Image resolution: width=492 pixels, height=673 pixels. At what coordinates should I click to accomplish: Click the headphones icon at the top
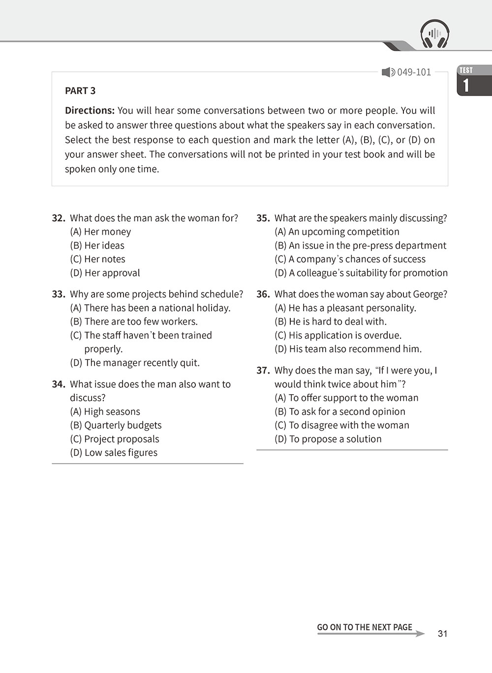pos(435,34)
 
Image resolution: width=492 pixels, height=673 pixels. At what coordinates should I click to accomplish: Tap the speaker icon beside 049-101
pos(388,72)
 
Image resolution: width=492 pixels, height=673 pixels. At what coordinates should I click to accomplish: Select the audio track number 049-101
pos(414,72)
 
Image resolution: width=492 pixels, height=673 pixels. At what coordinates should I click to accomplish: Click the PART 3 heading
pos(80,91)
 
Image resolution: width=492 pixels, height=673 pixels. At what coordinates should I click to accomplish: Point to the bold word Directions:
pos(90,111)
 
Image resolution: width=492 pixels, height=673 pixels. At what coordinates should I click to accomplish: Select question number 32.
pos(59,218)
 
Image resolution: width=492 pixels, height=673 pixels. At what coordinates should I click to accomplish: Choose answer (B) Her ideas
pos(97,246)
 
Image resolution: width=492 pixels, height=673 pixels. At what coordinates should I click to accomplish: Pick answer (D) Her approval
pos(105,273)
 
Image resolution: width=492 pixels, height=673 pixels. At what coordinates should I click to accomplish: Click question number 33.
pos(59,294)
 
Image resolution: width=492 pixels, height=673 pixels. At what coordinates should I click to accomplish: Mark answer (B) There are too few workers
pos(134,322)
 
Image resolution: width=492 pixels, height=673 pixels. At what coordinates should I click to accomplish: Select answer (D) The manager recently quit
pos(135,363)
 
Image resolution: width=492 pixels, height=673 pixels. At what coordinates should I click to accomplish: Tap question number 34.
pos(59,384)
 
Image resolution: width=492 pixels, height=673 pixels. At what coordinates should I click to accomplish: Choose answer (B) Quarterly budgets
pos(116,426)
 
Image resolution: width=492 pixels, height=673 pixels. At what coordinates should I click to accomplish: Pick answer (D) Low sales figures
pos(114,453)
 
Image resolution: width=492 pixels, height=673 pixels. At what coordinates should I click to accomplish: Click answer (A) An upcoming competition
pos(337,232)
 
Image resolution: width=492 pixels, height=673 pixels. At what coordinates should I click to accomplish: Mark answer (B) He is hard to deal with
pos(331,322)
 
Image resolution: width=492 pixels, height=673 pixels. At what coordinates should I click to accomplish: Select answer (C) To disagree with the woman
pos(342,426)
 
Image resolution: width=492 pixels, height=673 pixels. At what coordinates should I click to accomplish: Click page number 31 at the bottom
pos(443,634)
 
